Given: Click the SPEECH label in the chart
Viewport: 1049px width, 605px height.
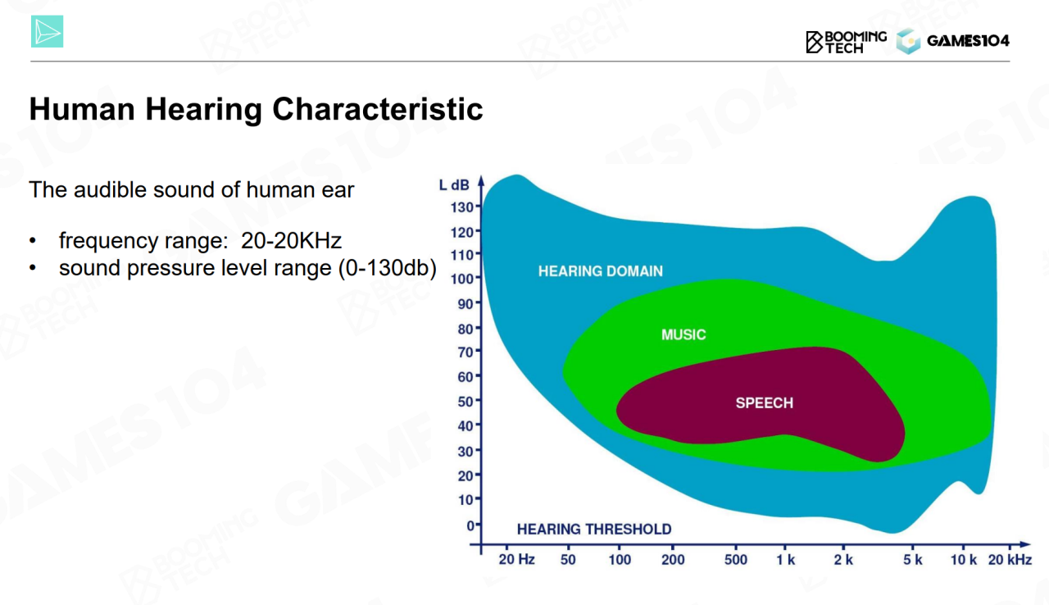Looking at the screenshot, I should [x=764, y=403].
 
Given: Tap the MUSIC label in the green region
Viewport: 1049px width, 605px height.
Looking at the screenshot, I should [x=683, y=334].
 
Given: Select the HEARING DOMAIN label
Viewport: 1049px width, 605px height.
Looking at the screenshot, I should [x=600, y=271].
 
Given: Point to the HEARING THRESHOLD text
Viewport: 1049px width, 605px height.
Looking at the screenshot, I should [x=593, y=530].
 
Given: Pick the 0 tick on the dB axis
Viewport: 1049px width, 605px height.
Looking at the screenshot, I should [x=470, y=525].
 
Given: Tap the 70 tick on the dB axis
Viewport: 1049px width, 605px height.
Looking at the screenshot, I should [x=465, y=353].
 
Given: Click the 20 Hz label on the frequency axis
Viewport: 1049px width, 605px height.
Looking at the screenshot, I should [x=516, y=560].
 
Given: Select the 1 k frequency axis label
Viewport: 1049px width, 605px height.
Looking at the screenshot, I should [x=785, y=560].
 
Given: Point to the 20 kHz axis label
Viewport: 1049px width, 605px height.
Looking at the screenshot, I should [x=1010, y=560].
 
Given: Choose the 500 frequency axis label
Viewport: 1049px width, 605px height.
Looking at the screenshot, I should [x=736, y=560].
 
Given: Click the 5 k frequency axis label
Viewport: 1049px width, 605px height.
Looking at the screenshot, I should [x=912, y=560].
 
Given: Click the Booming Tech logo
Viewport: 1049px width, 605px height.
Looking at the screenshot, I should [x=846, y=41].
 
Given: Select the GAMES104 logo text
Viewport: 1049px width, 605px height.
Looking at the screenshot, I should [x=967, y=41].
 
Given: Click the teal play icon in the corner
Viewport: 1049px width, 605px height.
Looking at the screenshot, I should [x=47, y=32].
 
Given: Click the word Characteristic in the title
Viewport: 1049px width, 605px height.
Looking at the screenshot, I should [x=377, y=109].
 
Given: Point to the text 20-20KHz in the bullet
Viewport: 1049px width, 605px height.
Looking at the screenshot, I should [x=291, y=241].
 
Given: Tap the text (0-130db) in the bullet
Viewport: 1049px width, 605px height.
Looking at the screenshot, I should [x=387, y=268].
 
